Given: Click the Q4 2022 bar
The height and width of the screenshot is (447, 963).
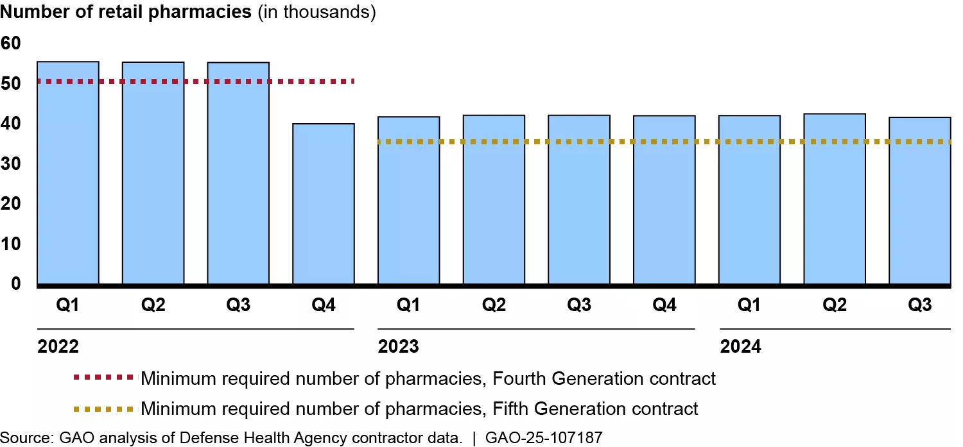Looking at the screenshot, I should coord(324,203).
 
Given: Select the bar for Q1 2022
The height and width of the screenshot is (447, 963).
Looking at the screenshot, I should coord(68,173).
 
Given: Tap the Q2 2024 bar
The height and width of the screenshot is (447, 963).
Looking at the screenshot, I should coord(835,199).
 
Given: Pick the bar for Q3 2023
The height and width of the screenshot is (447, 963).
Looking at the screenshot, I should coord(579,199).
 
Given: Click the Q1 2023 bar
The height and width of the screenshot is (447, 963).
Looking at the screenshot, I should coord(409,200).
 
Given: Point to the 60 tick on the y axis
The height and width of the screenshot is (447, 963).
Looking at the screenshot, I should coord(12,43).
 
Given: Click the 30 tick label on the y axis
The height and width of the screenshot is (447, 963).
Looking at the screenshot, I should coord(12,164).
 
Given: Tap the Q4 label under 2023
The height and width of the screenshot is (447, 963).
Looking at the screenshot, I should coord(664,305).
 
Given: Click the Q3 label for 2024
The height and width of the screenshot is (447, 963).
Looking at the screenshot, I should coord(919,305).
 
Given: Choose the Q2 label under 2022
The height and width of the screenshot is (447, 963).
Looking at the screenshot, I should coord(153,305).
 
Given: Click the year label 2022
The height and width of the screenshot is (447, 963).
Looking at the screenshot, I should coord(58,347).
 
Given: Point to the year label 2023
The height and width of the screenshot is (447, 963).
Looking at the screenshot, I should coord(399,347).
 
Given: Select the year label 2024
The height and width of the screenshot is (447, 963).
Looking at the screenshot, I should coord(740,347).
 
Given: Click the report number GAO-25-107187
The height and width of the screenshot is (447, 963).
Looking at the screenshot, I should coord(544,437).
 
